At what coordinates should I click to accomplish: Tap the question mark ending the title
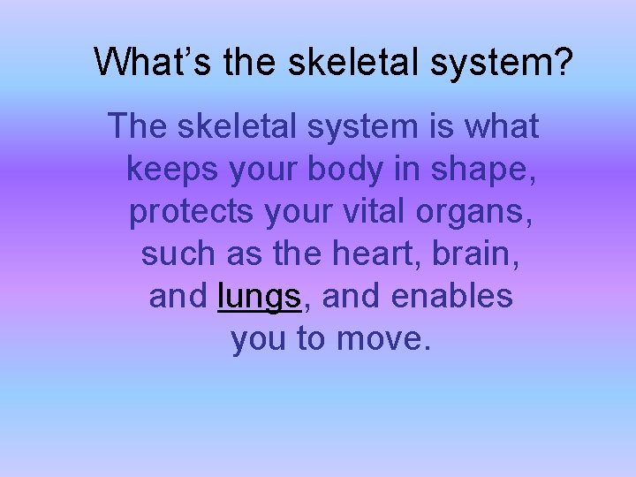pos(564,61)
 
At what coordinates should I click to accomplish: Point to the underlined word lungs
pos(259,297)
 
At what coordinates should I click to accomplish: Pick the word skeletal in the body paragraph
pos(237,127)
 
